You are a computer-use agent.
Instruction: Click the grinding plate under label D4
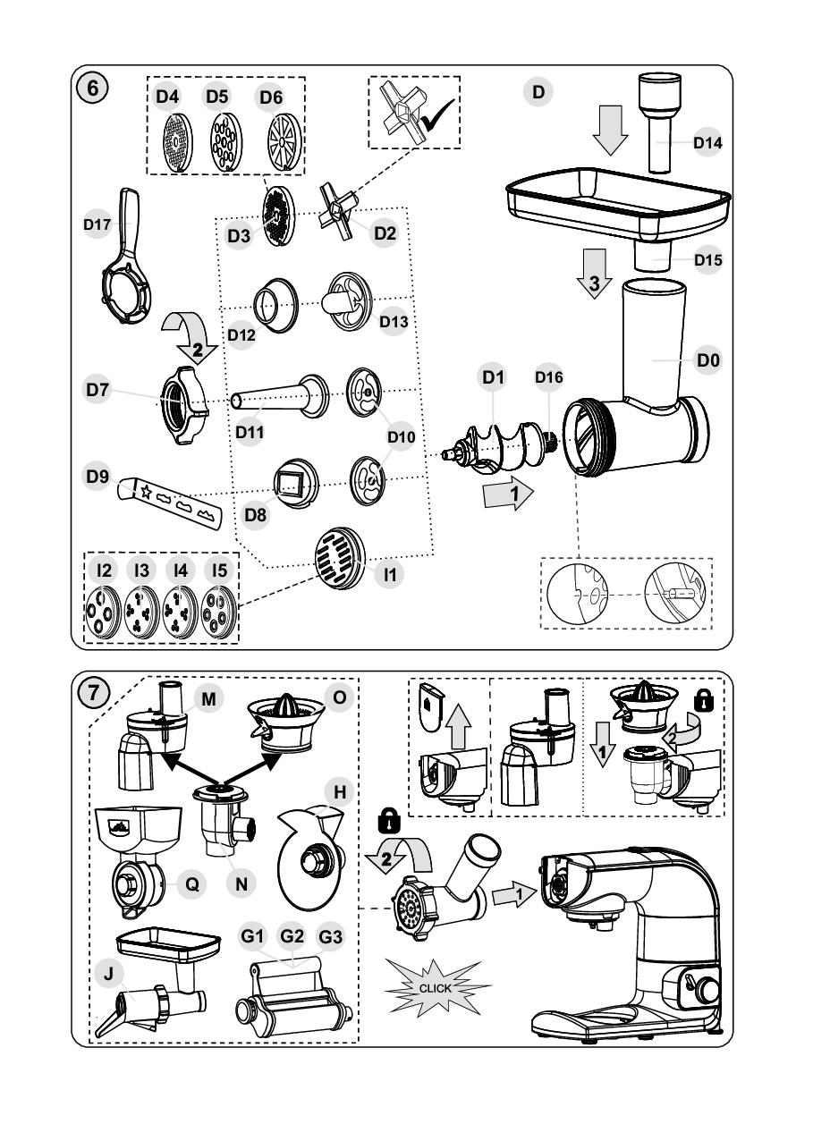tap(165, 140)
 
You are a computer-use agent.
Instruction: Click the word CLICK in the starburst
tap(436, 989)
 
